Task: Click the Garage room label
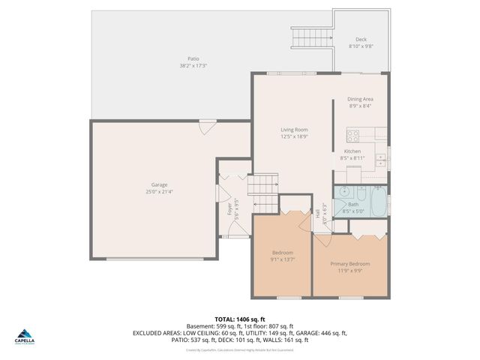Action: pyautogui.click(x=159, y=184)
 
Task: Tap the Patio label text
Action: pyautogui.click(x=193, y=58)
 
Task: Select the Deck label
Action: pyautogui.click(x=361, y=40)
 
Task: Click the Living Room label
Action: pyautogui.click(x=294, y=130)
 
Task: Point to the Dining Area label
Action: pyautogui.click(x=360, y=99)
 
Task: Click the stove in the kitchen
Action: pyautogui.click(x=353, y=135)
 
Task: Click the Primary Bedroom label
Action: pyautogui.click(x=350, y=263)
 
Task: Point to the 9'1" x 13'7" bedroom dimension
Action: pyautogui.click(x=282, y=259)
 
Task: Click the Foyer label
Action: pyautogui.click(x=229, y=208)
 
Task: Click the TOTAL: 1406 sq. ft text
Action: pyautogui.click(x=239, y=319)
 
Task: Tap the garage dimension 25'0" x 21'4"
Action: pyautogui.click(x=159, y=191)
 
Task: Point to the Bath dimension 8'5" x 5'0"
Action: pyautogui.click(x=353, y=211)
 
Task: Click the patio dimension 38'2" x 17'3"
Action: pyautogui.click(x=193, y=65)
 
